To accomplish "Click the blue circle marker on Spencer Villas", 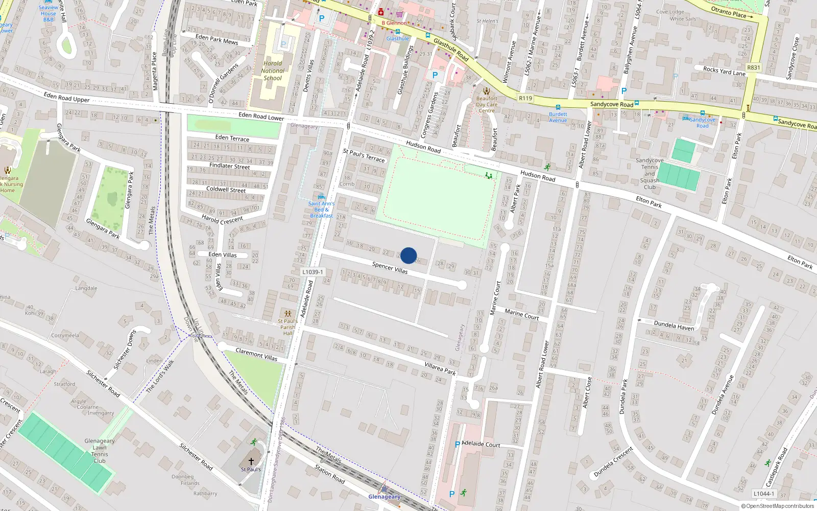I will (408, 255).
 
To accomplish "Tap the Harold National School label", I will (273, 71).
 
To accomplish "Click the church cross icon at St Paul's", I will (251, 461).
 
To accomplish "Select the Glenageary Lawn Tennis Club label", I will (100, 451).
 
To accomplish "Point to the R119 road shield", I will (525, 98).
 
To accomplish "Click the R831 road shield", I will (753, 67).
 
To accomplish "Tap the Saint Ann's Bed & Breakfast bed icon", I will (321, 197).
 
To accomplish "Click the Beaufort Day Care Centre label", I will (486, 105).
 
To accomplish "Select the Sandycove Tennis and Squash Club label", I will (650, 174).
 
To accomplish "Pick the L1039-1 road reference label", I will (313, 272).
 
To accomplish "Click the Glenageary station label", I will (385, 497).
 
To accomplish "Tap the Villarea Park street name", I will (440, 368).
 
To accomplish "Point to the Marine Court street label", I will (522, 314).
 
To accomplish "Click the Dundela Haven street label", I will (674, 326).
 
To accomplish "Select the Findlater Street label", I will (230, 166).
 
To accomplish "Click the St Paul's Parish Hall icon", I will (288, 313).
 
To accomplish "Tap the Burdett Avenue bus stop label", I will (558, 117).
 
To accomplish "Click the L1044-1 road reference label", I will (763, 494).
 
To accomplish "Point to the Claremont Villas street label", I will (256, 354).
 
